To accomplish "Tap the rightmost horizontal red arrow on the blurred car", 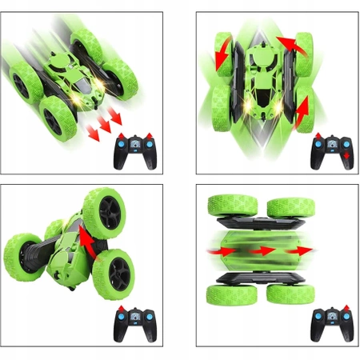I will pyautogui.click(x=302, y=252).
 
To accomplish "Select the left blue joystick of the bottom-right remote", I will pyautogui.click(x=317, y=319).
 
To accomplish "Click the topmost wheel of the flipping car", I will pyautogui.click(x=102, y=210).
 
